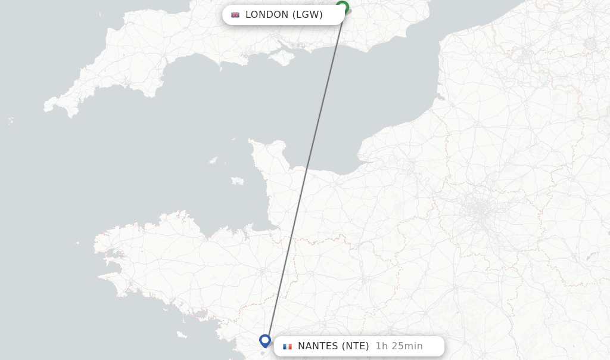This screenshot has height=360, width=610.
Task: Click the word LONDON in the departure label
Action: tap(266, 15)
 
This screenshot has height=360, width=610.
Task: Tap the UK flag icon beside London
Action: tap(235, 15)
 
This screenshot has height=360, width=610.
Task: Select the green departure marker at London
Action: tap(342, 7)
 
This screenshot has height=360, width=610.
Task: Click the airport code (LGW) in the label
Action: tap(307, 15)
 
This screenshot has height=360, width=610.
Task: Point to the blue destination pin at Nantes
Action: tap(265, 340)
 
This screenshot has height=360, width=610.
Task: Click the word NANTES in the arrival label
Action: tap(318, 346)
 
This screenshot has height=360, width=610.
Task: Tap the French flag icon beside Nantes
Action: tap(288, 346)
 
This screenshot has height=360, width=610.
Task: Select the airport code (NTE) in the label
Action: tap(356, 346)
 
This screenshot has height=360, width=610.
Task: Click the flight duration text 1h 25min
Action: tap(399, 346)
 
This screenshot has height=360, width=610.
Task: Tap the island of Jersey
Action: tap(238, 181)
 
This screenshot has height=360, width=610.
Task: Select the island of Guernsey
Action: tap(213, 160)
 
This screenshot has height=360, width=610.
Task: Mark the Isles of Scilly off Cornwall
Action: tap(11, 120)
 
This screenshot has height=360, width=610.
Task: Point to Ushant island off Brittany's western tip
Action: tap(77, 243)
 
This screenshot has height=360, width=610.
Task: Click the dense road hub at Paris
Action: tap(480, 210)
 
